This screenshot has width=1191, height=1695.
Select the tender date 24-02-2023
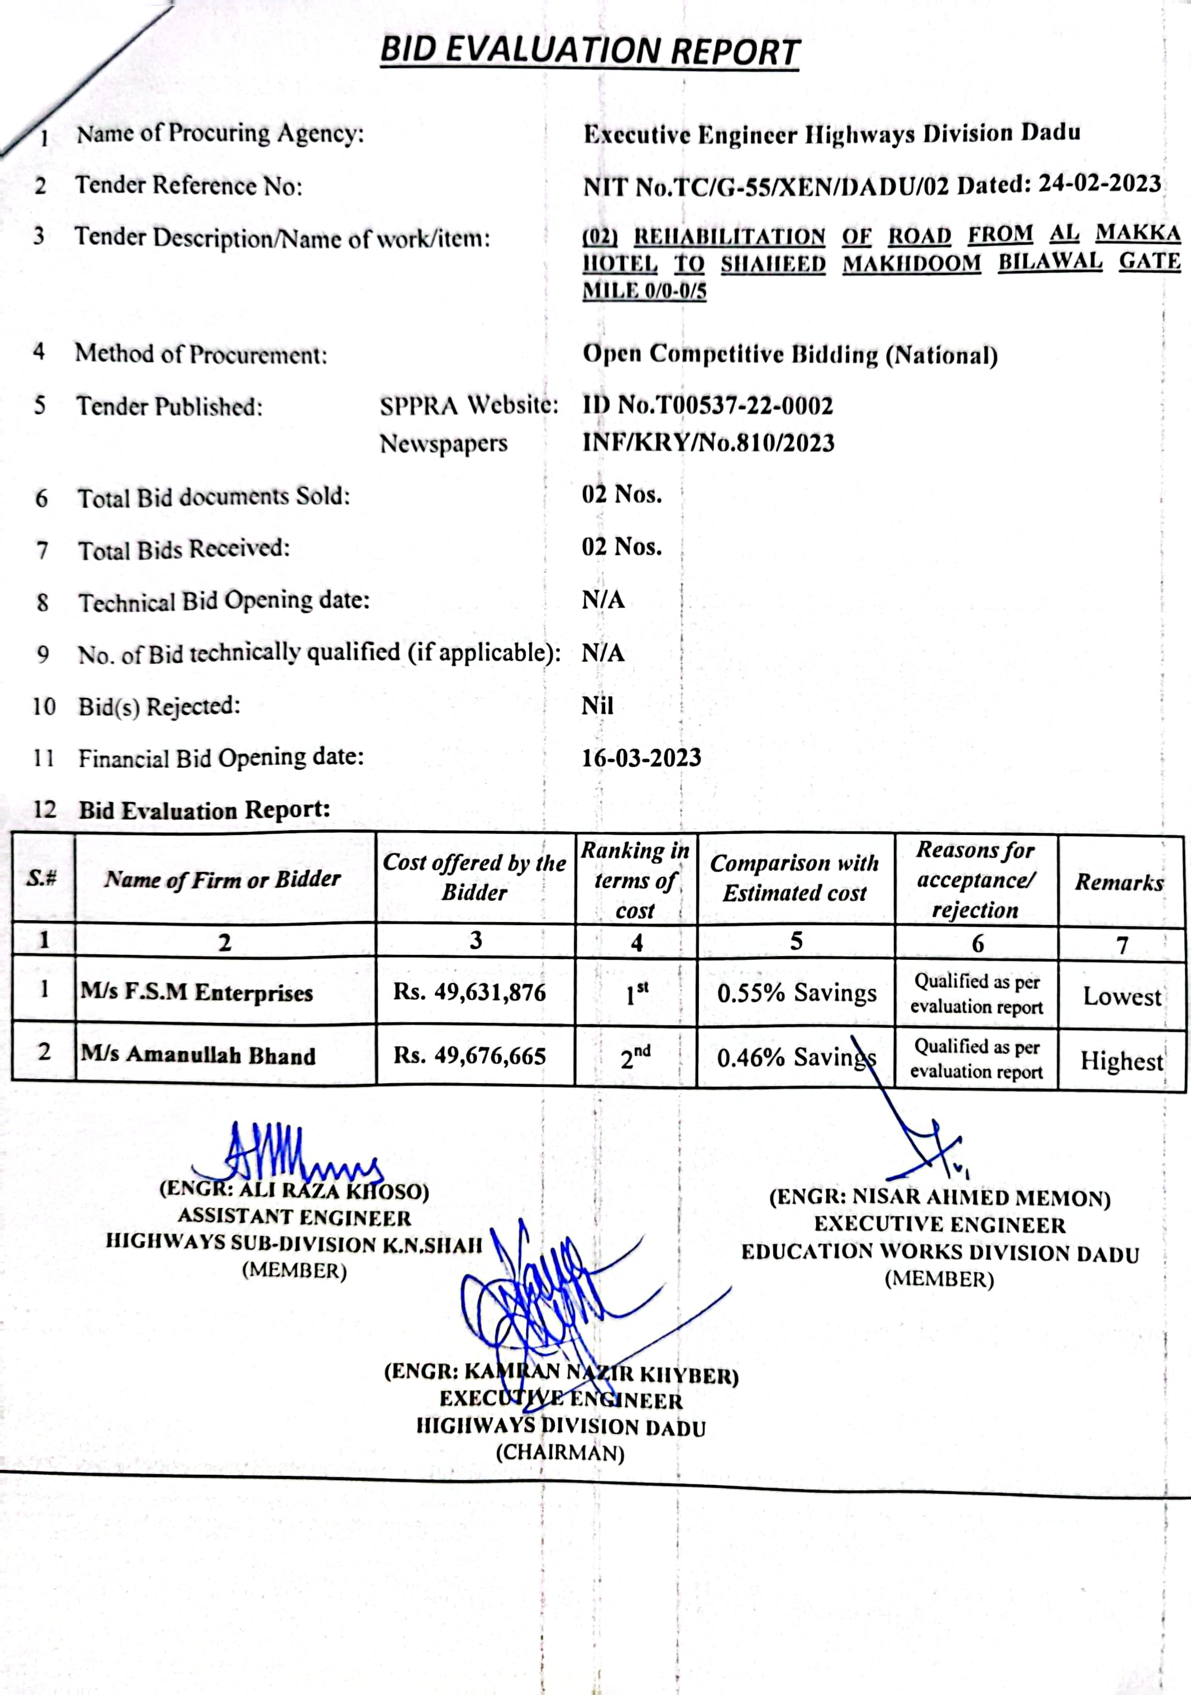pyautogui.click(x=1100, y=183)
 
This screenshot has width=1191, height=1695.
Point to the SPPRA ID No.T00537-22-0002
pyautogui.click(x=707, y=405)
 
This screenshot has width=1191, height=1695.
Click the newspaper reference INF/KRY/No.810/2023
pyautogui.click(x=708, y=443)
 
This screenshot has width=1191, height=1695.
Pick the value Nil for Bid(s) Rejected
pyautogui.click(x=597, y=706)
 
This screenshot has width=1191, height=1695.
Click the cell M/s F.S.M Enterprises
pyautogui.click(x=197, y=992)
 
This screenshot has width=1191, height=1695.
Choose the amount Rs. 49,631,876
pyautogui.click(x=470, y=991)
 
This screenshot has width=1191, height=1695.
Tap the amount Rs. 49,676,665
pyautogui.click(x=470, y=1056)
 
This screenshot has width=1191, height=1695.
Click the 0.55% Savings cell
pyautogui.click(x=796, y=993)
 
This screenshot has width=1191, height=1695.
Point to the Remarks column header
pyautogui.click(x=1119, y=882)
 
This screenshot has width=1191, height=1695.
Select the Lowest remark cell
pyautogui.click(x=1122, y=997)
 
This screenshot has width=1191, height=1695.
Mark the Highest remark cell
pyautogui.click(x=1121, y=1061)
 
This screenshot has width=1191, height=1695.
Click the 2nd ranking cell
pyautogui.click(x=635, y=1058)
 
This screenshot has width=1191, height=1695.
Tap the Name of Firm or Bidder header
pyautogui.click(x=223, y=879)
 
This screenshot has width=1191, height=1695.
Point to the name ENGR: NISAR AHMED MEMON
pyautogui.click(x=939, y=1197)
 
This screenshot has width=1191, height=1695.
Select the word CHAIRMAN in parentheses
pyautogui.click(x=560, y=1453)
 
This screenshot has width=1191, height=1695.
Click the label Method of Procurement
pyautogui.click(x=200, y=355)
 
